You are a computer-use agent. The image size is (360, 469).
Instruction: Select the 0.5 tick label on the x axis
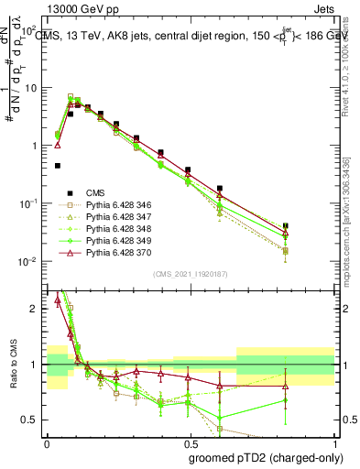pyautogui.click(x=189, y=442)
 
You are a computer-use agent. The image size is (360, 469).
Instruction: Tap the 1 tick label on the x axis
pyautogui.click(x=332, y=442)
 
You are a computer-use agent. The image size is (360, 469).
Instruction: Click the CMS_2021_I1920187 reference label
pyautogui.click(x=189, y=274)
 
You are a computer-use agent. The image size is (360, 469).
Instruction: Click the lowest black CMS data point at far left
pyautogui.click(x=58, y=166)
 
